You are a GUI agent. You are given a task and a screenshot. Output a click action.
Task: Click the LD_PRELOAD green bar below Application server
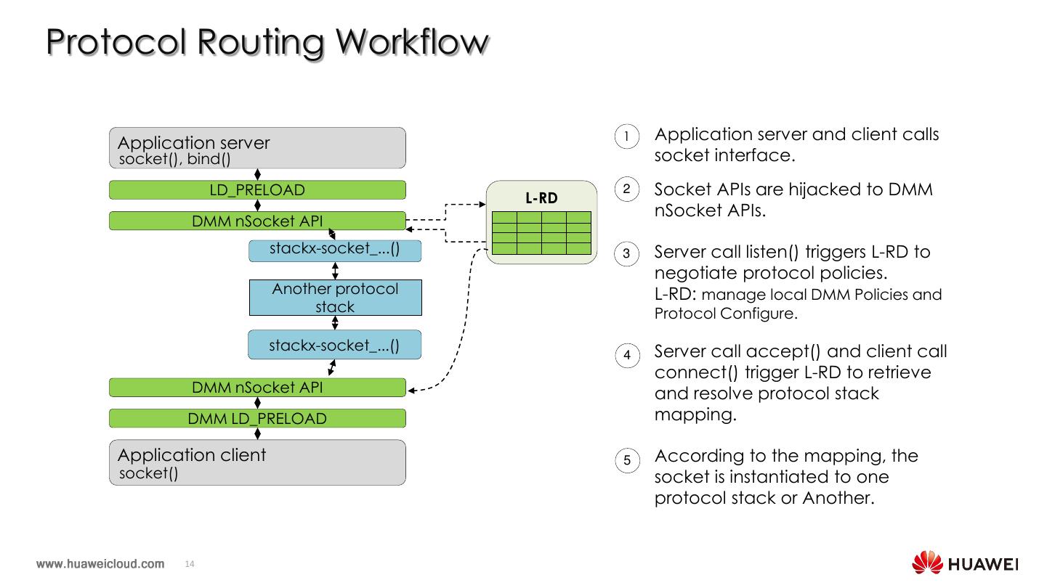pyautogui.click(x=257, y=190)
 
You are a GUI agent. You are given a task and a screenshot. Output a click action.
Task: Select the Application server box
pyautogui.click(x=257, y=148)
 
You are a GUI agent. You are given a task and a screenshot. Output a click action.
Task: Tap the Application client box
pyautogui.click(x=257, y=462)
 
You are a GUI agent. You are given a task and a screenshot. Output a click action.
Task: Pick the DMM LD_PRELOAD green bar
pyautogui.click(x=257, y=419)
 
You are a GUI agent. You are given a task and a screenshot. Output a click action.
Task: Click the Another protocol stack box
pyautogui.click(x=335, y=298)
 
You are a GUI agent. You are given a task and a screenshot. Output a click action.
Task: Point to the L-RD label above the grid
pyautogui.click(x=541, y=197)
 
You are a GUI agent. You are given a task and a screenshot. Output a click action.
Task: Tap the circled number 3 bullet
pyautogui.click(x=626, y=255)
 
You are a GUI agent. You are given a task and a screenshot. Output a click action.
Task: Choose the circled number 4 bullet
pyautogui.click(x=626, y=356)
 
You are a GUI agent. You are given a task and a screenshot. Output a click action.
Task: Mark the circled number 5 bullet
pyautogui.click(x=626, y=460)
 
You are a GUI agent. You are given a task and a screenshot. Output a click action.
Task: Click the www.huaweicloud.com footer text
pyautogui.click(x=100, y=564)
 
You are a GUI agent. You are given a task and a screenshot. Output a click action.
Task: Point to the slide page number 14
pyautogui.click(x=190, y=564)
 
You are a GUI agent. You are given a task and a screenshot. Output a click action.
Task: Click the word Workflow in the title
pyautogui.click(x=411, y=42)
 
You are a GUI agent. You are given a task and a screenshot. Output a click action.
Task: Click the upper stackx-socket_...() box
pyautogui.click(x=335, y=250)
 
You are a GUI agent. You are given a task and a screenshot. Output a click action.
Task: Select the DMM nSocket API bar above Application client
pyautogui.click(x=257, y=388)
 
